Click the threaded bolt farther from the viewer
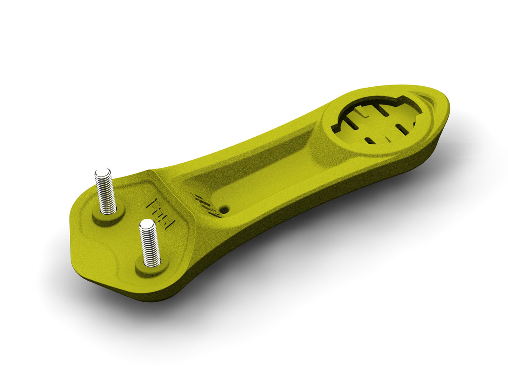coord(105,193)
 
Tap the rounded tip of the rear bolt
coord(103,173)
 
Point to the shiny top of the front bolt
coord(146,224)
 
